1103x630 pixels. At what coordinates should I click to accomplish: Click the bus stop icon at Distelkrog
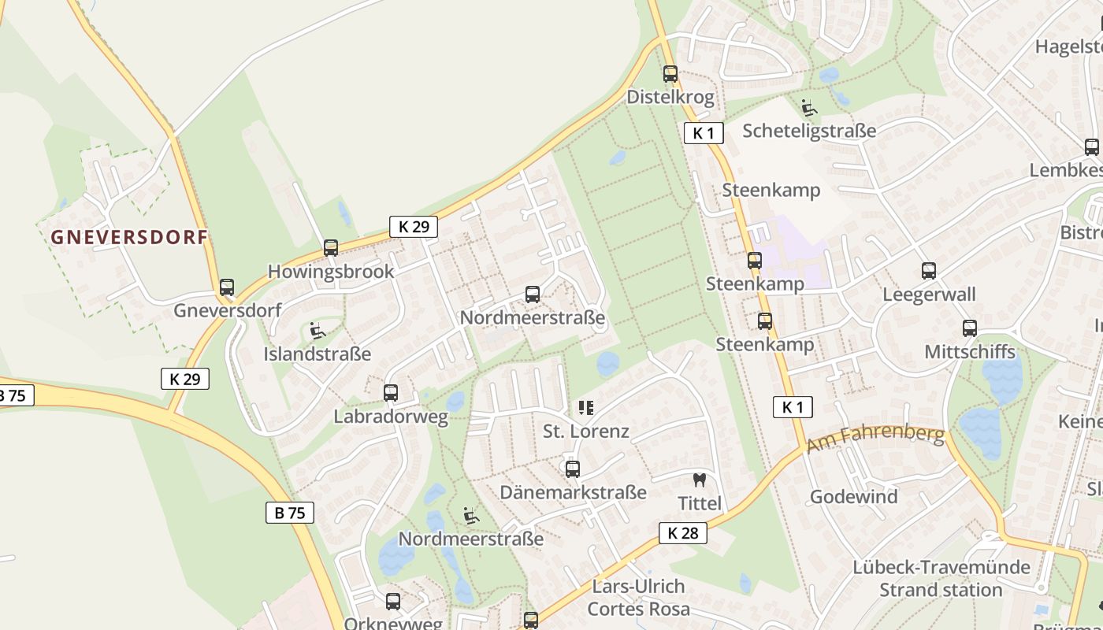(670, 74)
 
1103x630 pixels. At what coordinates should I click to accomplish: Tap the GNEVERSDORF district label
(129, 237)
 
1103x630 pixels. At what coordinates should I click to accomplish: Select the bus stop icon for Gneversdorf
(227, 287)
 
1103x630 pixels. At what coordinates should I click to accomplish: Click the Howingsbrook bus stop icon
(331, 248)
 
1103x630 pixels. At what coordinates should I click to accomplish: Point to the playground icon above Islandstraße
(318, 331)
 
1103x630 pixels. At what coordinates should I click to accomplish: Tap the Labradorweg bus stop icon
(391, 393)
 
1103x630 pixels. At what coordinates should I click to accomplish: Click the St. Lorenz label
(586, 431)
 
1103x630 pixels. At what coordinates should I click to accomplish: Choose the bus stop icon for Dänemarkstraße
(573, 469)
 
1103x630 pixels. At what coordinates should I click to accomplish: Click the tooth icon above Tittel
(699, 480)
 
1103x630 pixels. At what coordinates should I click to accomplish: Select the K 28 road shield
(682, 533)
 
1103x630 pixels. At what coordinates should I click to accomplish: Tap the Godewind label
(853, 497)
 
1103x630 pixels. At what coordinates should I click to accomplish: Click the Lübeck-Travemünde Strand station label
(941, 578)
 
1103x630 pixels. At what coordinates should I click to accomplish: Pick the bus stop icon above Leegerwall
(929, 271)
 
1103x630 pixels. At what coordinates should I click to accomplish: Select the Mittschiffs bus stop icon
(970, 328)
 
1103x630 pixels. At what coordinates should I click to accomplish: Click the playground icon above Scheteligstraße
(808, 107)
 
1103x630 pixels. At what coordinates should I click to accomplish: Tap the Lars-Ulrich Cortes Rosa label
(638, 598)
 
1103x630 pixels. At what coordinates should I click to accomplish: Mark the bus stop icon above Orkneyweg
(393, 602)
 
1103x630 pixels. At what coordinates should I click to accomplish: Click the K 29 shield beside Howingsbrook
(414, 227)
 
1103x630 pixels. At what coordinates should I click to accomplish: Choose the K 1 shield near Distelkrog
(704, 133)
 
